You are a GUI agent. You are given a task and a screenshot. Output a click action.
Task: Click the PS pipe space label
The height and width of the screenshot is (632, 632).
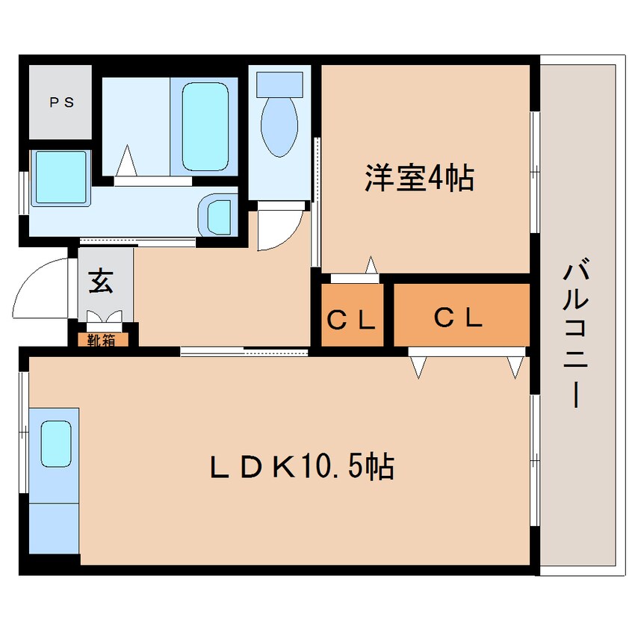(x=62, y=102)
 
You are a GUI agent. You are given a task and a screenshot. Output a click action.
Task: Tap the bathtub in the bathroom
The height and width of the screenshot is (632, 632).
(x=205, y=126)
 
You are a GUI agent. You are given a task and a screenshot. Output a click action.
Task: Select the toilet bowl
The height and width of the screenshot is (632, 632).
(x=279, y=127)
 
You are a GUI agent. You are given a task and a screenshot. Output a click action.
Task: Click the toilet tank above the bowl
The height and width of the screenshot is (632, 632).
(x=279, y=84)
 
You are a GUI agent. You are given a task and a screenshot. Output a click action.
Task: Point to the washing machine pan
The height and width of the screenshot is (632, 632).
(x=61, y=177)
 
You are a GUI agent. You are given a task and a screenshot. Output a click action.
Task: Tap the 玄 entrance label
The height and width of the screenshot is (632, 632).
(x=101, y=281)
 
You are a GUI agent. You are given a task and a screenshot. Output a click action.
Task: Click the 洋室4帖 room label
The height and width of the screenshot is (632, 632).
(x=419, y=178)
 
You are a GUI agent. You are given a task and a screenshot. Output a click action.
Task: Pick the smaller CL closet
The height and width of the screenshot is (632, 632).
(x=352, y=315)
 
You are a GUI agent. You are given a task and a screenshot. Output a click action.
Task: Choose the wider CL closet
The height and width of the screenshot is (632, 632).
(x=462, y=315)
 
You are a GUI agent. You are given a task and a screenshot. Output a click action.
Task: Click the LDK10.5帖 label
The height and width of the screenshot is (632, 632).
(x=302, y=467)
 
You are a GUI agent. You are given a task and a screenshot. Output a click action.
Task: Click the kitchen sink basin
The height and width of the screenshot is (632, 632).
(x=56, y=444)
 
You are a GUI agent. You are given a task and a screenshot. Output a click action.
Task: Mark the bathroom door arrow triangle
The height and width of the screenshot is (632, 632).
(x=127, y=161)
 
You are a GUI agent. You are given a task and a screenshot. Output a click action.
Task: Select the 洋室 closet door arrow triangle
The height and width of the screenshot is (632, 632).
(x=371, y=264)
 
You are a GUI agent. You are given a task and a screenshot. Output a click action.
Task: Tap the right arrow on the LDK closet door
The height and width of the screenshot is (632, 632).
(x=515, y=368)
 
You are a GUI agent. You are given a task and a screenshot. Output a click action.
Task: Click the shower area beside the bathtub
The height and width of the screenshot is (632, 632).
(x=136, y=126)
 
